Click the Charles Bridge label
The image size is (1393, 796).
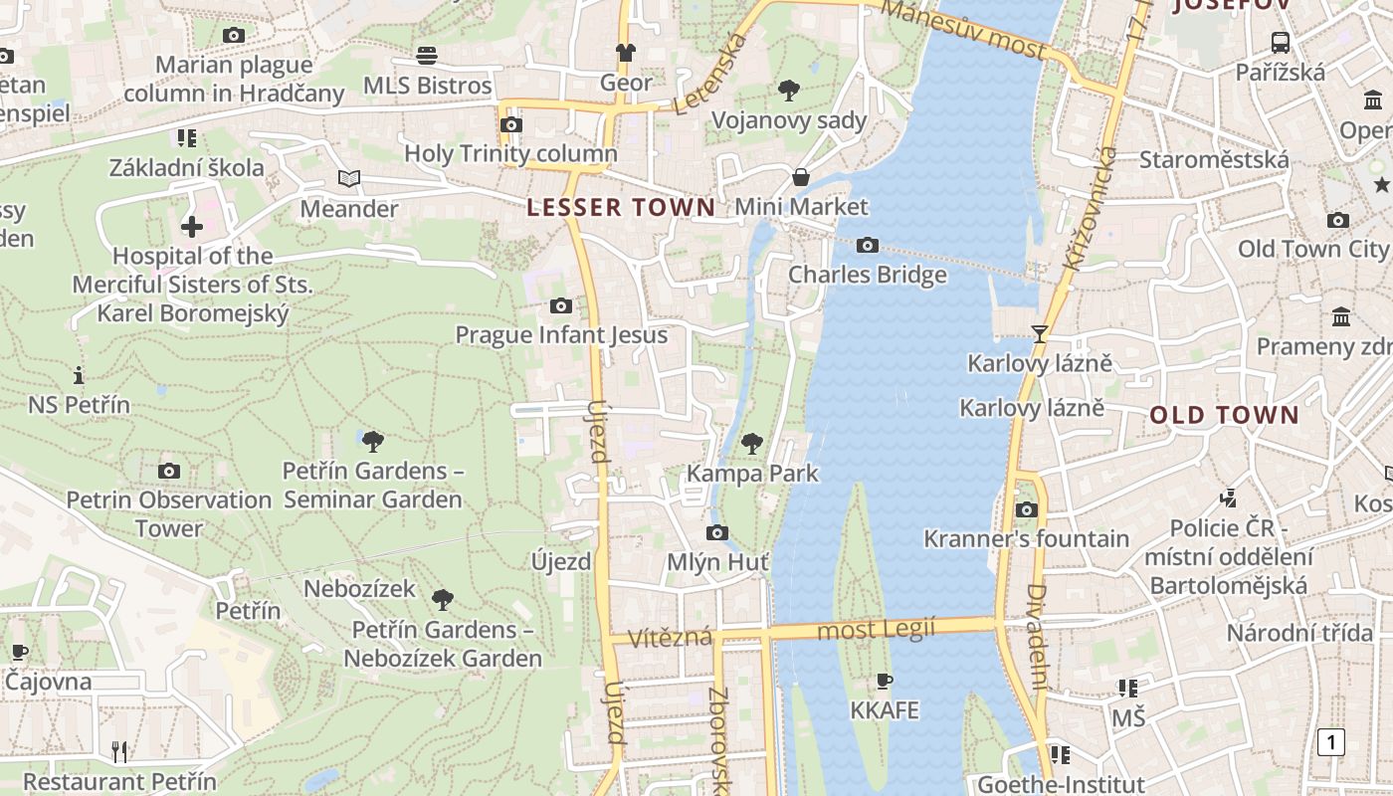click(x=868, y=275)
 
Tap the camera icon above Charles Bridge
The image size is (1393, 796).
click(x=868, y=245)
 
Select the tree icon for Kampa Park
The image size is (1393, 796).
click(x=752, y=443)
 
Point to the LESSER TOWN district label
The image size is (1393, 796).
click(x=621, y=208)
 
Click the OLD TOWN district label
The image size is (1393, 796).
click(x=1225, y=416)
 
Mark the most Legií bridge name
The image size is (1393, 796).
click(x=876, y=629)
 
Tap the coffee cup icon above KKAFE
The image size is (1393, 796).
click(x=884, y=682)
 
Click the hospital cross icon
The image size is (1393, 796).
click(x=192, y=227)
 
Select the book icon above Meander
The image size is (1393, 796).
click(x=348, y=179)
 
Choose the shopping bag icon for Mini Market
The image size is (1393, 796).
click(x=801, y=178)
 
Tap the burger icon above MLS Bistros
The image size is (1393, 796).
click(x=427, y=56)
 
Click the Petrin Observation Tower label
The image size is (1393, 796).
click(x=169, y=513)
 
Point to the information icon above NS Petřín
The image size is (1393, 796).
click(x=79, y=376)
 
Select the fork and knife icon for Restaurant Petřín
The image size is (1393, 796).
click(x=119, y=752)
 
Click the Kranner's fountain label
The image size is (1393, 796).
click(x=1026, y=539)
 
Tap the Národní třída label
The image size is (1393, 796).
click(x=1298, y=633)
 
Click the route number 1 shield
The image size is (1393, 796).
click(x=1330, y=742)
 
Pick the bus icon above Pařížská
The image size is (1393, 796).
click(x=1281, y=43)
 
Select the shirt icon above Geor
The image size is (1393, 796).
click(x=625, y=53)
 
